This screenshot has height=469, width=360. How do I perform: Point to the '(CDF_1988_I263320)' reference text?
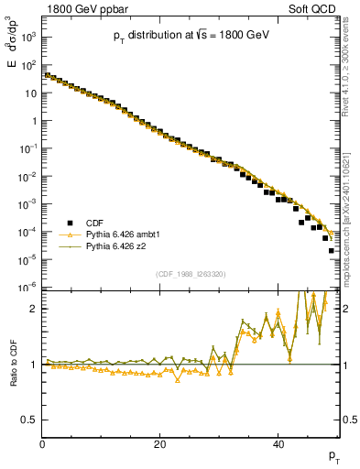click(191, 272)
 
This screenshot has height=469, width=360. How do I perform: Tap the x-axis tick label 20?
click(160, 444)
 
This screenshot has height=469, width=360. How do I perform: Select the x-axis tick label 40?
click(278, 444)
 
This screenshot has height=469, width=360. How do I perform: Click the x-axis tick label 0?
click(43, 444)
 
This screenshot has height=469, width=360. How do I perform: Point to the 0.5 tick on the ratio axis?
click(31, 420)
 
